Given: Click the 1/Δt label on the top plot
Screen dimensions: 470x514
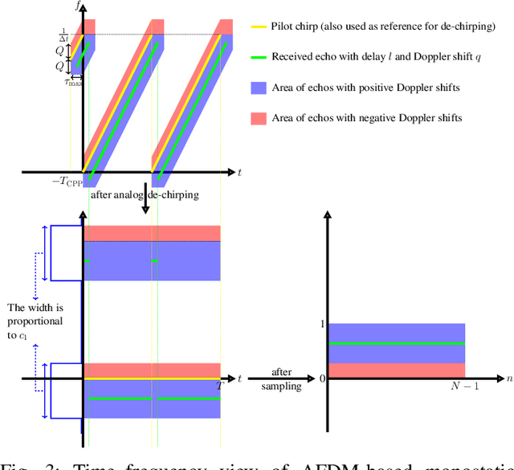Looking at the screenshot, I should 64,35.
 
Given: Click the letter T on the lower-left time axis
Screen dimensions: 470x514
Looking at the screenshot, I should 218,386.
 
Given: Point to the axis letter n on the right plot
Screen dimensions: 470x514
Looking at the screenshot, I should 508,378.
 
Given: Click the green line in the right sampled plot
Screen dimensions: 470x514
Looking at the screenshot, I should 396,343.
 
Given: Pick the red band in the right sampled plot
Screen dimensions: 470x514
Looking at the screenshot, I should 396,370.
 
